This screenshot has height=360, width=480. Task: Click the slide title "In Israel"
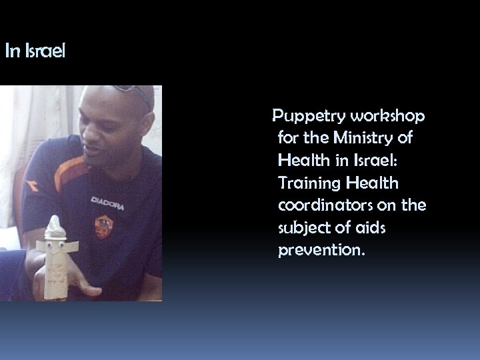[35, 51]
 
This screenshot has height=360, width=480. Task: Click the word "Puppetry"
[304, 117]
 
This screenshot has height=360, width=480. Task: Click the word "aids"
[367, 228]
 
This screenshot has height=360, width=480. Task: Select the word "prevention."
[321, 251]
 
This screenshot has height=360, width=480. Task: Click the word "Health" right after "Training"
[386, 183]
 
